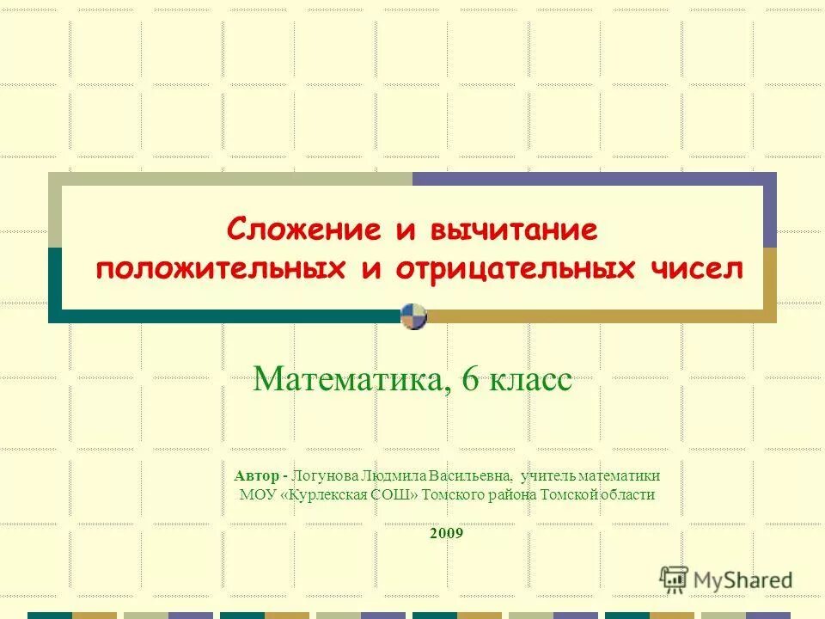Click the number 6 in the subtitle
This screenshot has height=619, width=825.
pos(470,379)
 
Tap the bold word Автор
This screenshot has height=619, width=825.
pos(256,475)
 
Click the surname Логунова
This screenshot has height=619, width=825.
pos(324,475)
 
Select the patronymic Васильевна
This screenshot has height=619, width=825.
pos(470,475)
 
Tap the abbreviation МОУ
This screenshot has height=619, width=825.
pos(257,494)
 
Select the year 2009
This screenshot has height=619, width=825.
pos(445,533)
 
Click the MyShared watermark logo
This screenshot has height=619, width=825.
pos(726,579)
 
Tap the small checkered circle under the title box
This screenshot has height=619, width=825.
pos(413,316)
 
